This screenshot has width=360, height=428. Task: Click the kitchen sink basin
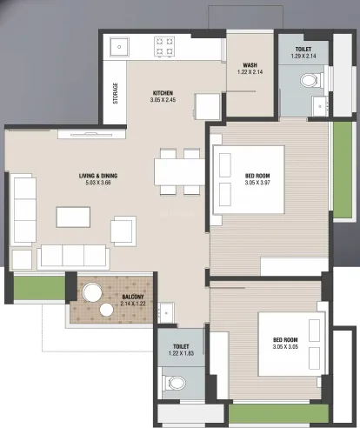pyautogui.click(x=119, y=47)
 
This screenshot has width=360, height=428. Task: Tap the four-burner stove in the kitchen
pyautogui.click(x=164, y=46)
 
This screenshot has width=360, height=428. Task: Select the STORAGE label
pyautogui.click(x=116, y=93)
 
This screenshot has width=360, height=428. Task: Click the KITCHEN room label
pyautogui.click(x=163, y=93)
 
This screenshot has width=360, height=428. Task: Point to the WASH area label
pyautogui.click(x=250, y=65)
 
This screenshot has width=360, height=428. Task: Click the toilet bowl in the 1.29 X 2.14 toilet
pyautogui.click(x=310, y=80)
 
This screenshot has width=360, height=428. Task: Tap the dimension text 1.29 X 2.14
pyautogui.click(x=303, y=57)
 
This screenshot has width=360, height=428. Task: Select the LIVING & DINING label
pyautogui.click(x=98, y=176)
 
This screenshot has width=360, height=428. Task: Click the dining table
pyautogui.click(x=180, y=171)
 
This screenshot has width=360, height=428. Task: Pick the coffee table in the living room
pyautogui.click(x=73, y=217)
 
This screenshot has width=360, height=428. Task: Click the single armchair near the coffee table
pyautogui.click(x=123, y=231)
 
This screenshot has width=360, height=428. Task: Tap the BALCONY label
pyautogui.click(x=133, y=297)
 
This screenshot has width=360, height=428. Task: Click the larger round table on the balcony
pyautogui.click(x=92, y=292)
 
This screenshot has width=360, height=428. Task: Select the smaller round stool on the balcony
pyautogui.click(x=106, y=310)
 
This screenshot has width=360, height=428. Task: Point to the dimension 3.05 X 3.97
pyautogui.click(x=257, y=183)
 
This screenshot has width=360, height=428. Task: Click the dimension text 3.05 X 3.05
pyautogui.click(x=285, y=347)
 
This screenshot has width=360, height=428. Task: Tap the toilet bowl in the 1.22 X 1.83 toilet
pyautogui.click(x=174, y=383)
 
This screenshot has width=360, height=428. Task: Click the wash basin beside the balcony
pyautogui.click(x=166, y=313)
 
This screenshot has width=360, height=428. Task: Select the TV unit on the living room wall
pyautogui.click(x=91, y=134)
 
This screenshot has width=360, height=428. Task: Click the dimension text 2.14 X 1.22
pyautogui.click(x=133, y=304)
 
